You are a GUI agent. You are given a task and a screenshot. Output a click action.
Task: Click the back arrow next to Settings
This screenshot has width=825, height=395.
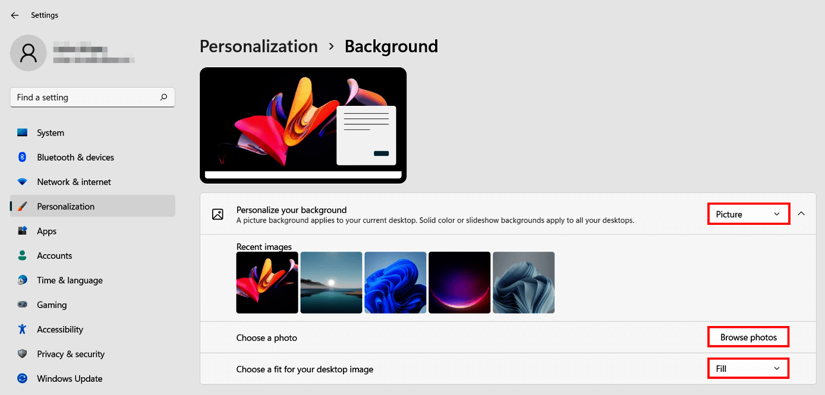(x=15, y=15)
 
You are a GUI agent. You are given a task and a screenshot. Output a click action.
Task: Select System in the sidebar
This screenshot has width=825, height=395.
(x=51, y=133)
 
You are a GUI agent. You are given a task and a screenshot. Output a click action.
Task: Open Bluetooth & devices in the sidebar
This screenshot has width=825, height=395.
(x=75, y=158)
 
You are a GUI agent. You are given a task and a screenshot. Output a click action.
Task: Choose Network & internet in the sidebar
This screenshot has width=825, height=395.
(x=74, y=182)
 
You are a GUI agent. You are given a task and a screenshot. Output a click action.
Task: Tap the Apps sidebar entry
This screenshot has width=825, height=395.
(x=46, y=231)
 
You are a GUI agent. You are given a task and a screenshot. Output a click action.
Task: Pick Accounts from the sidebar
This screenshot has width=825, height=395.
(x=54, y=256)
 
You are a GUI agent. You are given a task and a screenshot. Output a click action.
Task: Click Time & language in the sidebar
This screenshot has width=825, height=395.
(x=70, y=280)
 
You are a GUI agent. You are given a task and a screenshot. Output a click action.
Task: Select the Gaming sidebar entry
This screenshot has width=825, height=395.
(x=52, y=305)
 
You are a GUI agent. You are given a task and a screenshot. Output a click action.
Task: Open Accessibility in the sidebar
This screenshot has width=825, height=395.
(x=60, y=330)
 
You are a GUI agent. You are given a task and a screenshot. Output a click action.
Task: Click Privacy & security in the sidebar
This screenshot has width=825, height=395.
(x=71, y=354)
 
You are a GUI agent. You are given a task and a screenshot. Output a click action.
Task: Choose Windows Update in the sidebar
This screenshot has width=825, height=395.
(x=70, y=379)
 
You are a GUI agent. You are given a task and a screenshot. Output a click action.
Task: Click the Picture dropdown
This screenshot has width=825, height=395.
(x=748, y=214)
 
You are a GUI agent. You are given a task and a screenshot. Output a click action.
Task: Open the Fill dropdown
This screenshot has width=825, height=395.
(x=748, y=369)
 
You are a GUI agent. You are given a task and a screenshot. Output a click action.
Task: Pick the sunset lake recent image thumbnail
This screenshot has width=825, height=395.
(x=331, y=283)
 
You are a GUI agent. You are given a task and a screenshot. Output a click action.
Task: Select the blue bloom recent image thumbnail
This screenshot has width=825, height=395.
(x=395, y=283)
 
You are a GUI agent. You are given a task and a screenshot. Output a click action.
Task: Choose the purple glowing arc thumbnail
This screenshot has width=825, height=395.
(x=459, y=283)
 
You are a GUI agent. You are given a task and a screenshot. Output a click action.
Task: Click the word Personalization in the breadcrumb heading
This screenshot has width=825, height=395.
(x=259, y=46)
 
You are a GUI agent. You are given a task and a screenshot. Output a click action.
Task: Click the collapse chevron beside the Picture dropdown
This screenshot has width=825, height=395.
(x=801, y=214)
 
